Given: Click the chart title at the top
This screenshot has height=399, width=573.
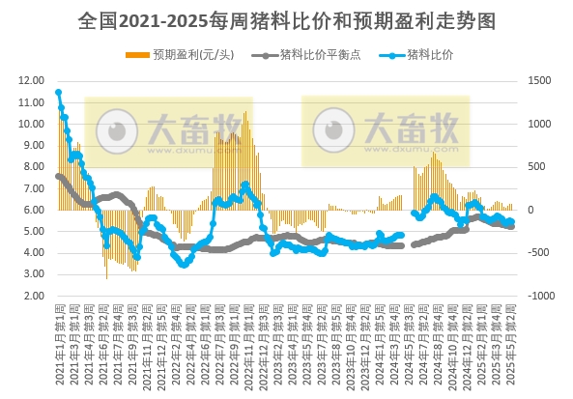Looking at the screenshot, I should point(285,19).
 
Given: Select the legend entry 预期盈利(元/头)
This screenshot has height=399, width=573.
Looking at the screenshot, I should point(190,54).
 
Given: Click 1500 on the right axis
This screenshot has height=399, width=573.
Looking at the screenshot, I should point(537,81).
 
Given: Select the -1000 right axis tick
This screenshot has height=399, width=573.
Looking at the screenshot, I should point(537,296).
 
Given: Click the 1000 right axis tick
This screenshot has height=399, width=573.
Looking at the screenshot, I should point(537,125).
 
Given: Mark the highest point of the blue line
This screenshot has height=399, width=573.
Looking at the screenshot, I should point(59,93).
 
